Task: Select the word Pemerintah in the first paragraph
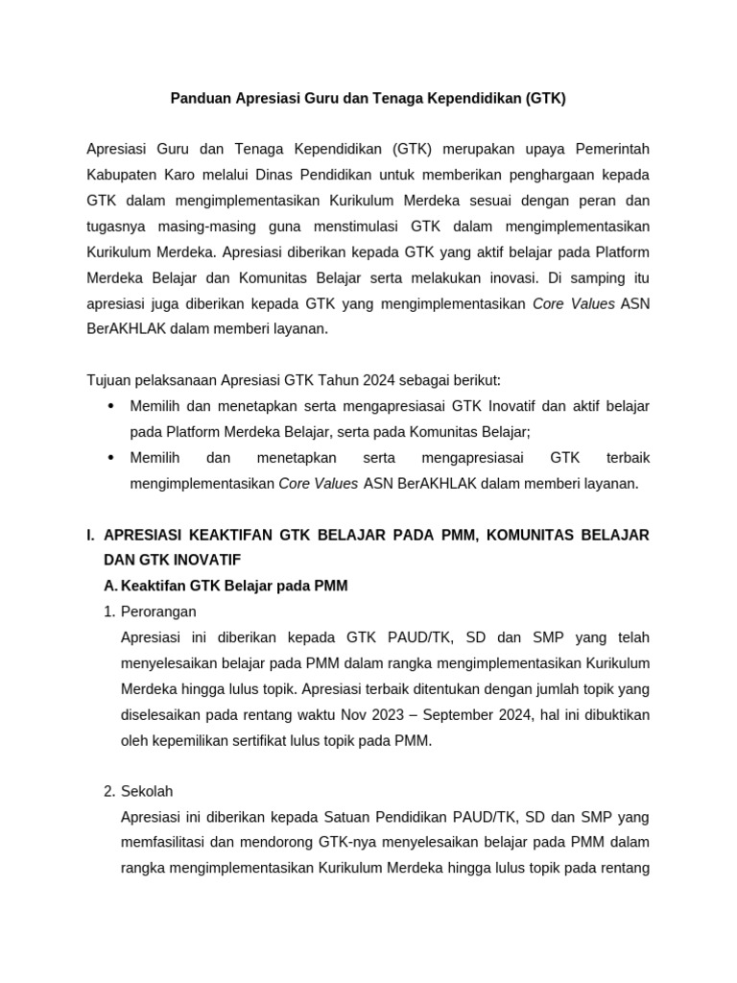point(612,149)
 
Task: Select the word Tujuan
point(108,379)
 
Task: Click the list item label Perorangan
point(158,611)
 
